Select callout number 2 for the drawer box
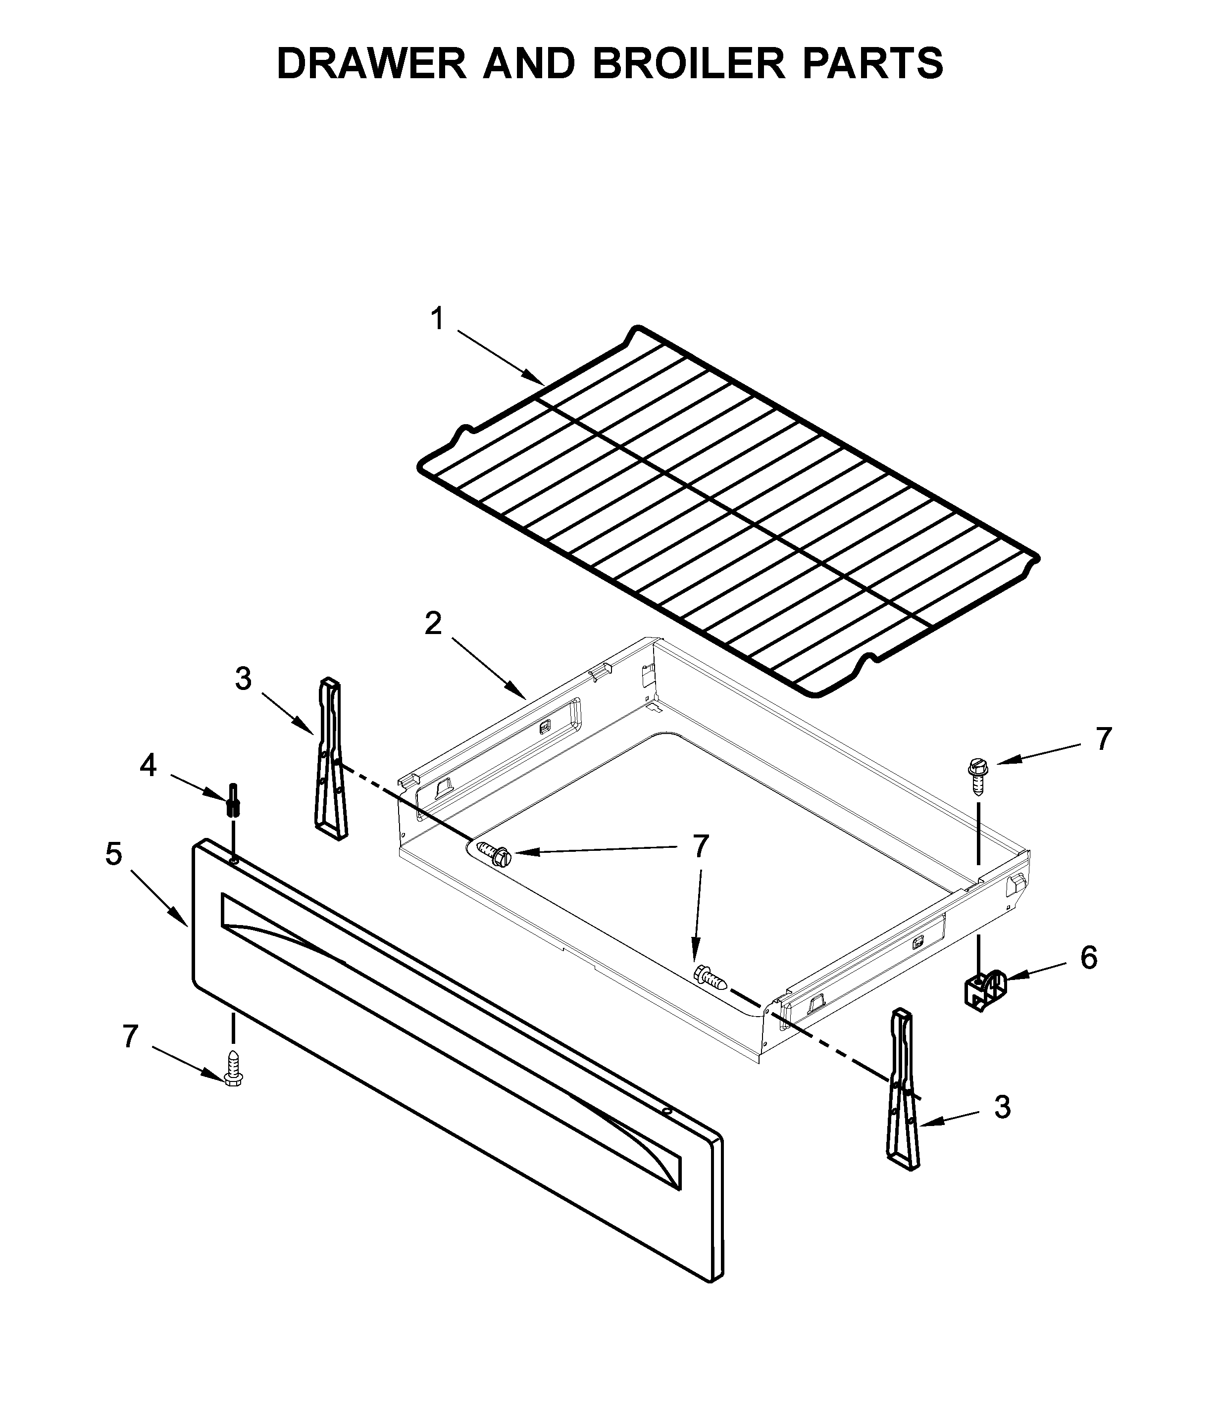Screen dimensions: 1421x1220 click(433, 624)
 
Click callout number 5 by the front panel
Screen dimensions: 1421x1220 click(114, 854)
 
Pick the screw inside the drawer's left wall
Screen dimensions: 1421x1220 click(493, 853)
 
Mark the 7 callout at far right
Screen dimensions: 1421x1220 click(1103, 738)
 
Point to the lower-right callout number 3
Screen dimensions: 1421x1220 click(1003, 1108)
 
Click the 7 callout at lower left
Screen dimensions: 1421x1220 click(130, 1036)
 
